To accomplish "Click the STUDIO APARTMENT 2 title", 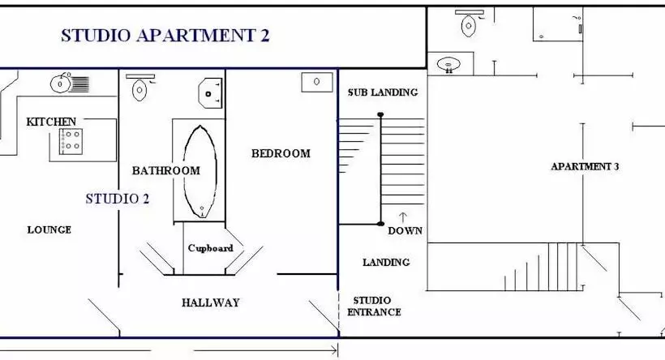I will point(165,35).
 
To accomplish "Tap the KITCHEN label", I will point(52,122).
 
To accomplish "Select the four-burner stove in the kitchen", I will point(71,141).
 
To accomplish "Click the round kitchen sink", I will point(61,82).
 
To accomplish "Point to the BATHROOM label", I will point(165,170).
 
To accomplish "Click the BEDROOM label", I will point(281,153).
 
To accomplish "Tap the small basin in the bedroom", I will point(316,81).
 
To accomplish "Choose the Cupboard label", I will point(210,248).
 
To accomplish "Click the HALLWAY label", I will point(210,302).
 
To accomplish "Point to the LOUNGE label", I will point(49,229).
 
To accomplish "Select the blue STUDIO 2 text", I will point(117,198).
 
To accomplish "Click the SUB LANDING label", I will point(382,92).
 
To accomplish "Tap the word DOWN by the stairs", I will point(405,230).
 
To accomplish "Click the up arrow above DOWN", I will point(403,217).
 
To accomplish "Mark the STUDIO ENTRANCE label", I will point(374,306).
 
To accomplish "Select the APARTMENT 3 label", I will point(585,167).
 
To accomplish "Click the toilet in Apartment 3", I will point(469,24).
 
